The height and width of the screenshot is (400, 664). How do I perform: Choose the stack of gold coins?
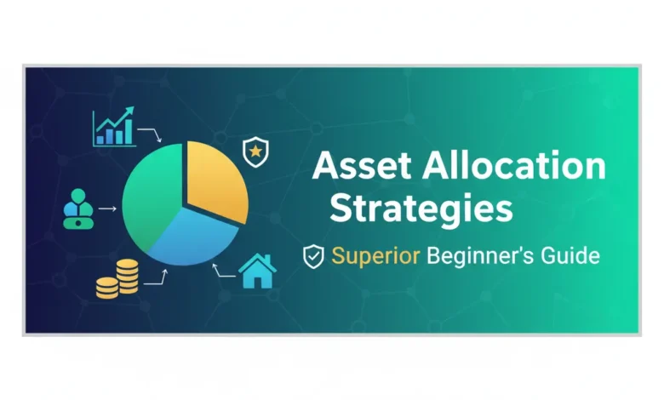pyautogui.click(x=117, y=278)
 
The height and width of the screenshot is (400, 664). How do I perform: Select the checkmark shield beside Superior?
pyautogui.click(x=314, y=256)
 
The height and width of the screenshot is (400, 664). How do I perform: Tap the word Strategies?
pyautogui.click(x=421, y=208)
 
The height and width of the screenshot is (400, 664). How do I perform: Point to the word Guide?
pyautogui.click(x=574, y=255)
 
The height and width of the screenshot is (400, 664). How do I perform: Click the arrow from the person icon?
pyautogui.click(x=108, y=208)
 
